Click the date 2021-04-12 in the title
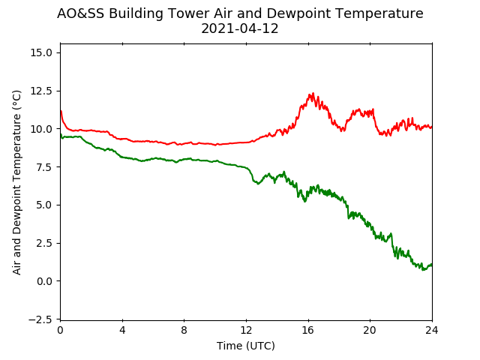(240, 28)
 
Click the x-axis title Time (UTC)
(246, 346)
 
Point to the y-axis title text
(17, 182)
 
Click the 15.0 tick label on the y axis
(41, 52)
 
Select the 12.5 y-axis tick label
(41, 91)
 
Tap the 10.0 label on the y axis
(41, 129)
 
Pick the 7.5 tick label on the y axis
(44, 166)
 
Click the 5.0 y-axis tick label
(44, 205)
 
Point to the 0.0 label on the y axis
(44, 281)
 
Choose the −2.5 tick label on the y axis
(40, 319)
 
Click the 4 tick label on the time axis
(122, 330)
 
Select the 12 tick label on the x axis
(246, 330)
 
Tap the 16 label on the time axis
(308, 330)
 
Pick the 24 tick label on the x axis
(432, 330)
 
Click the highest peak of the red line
(313, 93)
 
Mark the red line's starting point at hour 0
(61, 111)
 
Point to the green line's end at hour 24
(432, 264)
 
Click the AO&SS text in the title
(80, 13)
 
